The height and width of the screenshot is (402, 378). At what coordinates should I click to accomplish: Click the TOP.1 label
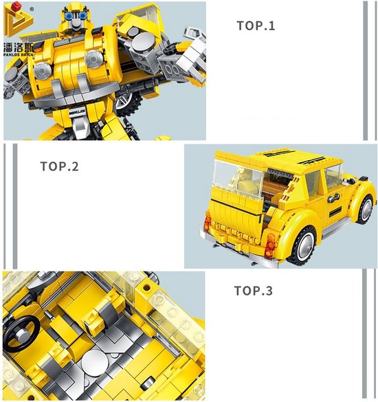pos(256,26)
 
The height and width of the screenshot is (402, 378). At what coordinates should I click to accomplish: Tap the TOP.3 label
pos(254,291)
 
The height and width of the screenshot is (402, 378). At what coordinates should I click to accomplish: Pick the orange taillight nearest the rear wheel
pos(269,241)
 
